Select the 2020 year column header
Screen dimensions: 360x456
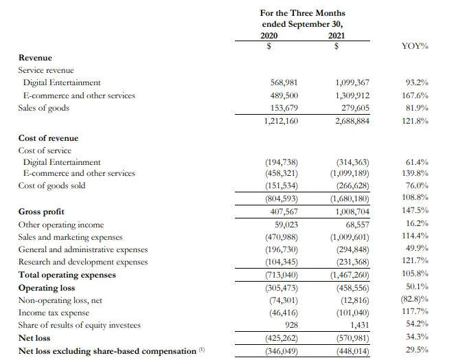[270, 35]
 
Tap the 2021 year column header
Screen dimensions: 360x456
[337, 35]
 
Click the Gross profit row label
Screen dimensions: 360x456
[41, 212]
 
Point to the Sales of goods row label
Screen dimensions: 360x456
[44, 108]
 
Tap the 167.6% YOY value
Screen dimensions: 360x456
[417, 95]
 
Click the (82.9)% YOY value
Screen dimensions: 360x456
[415, 300]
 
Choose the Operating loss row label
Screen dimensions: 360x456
[47, 288]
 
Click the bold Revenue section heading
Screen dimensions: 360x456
[35, 58]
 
